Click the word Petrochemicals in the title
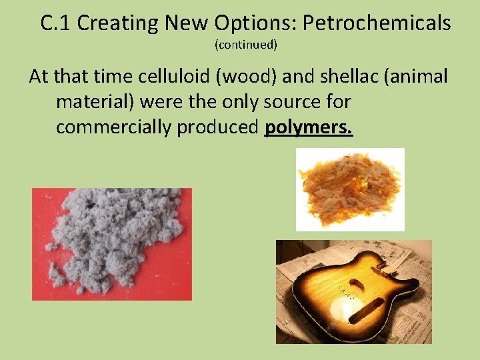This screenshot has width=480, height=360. (377, 23)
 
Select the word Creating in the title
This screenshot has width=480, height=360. (116, 23)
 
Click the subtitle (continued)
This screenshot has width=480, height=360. (245, 45)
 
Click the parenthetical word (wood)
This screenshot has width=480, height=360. (241, 77)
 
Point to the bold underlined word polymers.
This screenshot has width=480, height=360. (309, 127)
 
